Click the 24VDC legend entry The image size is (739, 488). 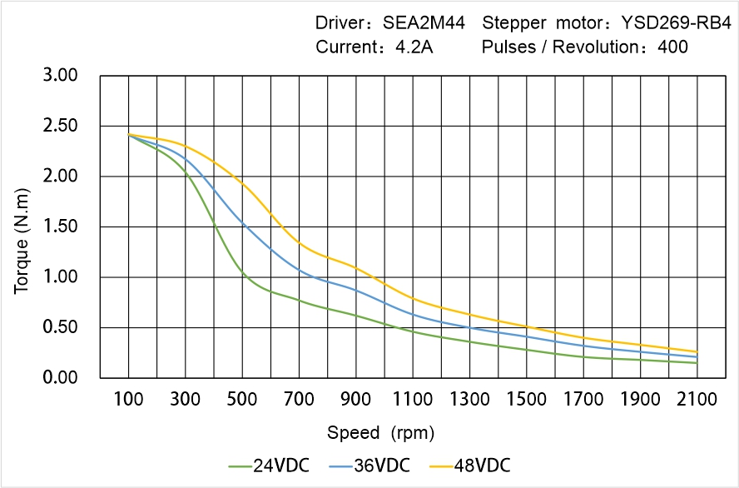(269, 465)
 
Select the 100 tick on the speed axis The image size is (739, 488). (128, 400)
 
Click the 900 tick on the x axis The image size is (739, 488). (355, 400)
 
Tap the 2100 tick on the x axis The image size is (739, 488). (697, 400)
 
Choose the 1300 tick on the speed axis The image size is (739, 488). (469, 400)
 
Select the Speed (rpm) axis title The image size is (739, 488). (380, 433)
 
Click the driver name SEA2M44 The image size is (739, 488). (424, 22)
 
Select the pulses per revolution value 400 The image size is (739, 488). (672, 47)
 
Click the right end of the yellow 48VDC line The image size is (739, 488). (697, 351)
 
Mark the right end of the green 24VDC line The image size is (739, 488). (697, 363)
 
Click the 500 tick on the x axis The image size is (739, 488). (242, 400)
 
